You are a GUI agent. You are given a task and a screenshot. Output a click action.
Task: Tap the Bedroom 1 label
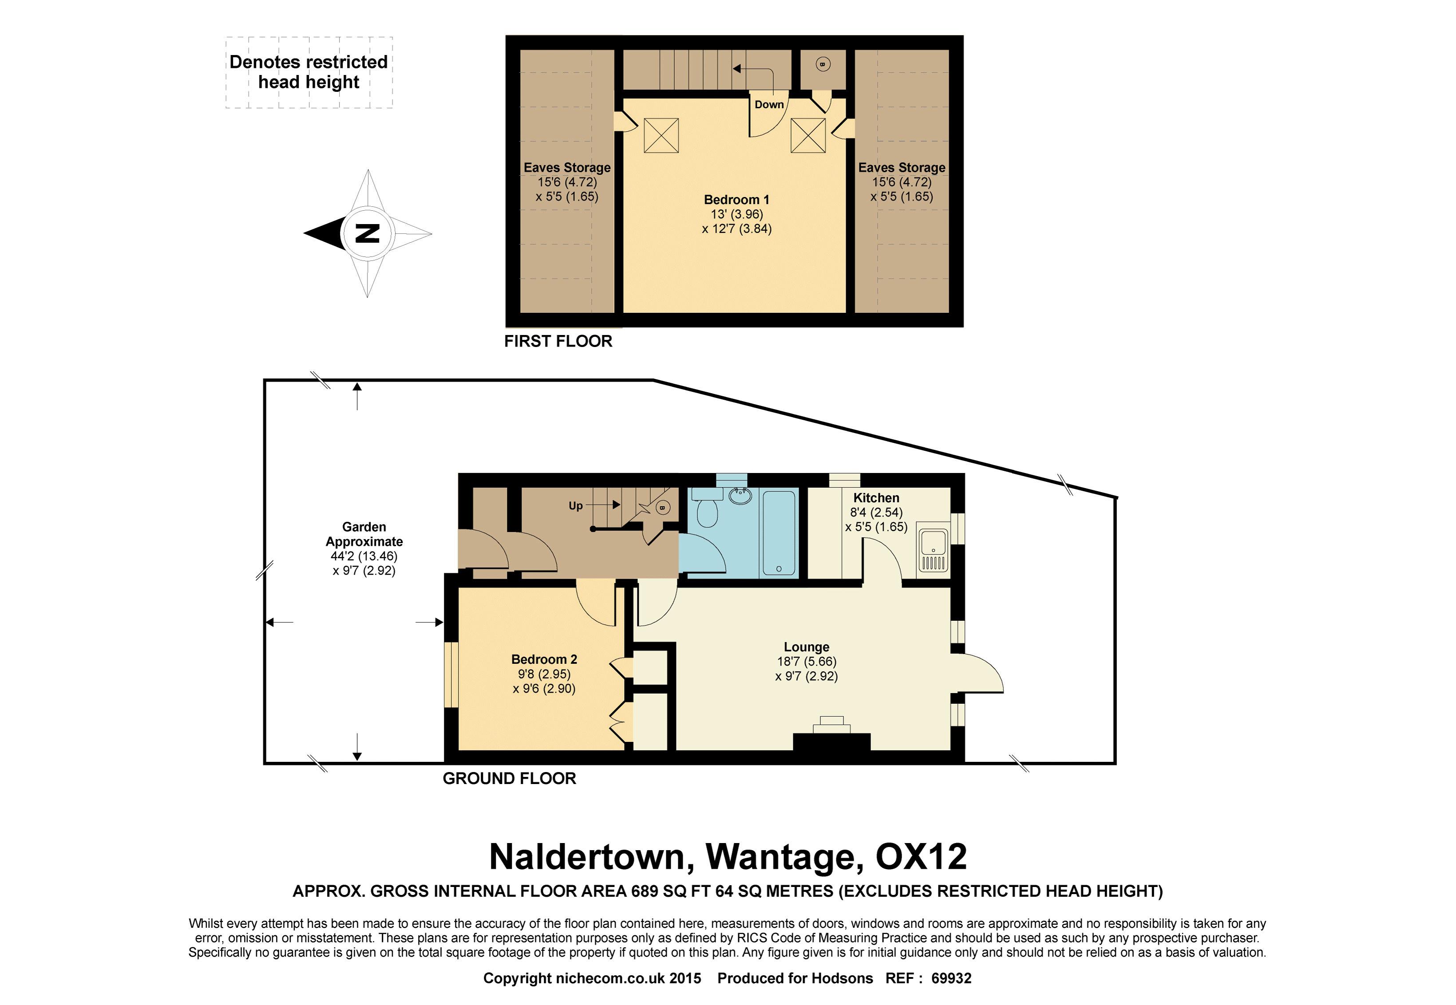[736, 200]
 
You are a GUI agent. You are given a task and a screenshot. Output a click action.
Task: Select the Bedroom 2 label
[544, 659]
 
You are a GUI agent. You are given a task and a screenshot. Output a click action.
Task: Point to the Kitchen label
[876, 497]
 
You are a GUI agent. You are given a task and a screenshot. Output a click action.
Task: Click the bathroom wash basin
[739, 496]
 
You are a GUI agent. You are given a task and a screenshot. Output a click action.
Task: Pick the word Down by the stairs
[769, 105]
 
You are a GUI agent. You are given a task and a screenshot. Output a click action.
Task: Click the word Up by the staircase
[575, 506]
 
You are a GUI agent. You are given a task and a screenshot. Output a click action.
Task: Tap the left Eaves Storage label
[566, 168]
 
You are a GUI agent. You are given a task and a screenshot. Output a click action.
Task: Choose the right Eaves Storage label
[901, 168]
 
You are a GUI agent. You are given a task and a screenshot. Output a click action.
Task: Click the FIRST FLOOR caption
[558, 341]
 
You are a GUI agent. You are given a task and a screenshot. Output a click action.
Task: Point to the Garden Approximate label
[364, 534]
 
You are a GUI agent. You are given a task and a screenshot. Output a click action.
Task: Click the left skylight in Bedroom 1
[661, 135]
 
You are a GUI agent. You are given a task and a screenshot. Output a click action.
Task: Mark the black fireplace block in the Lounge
[831, 742]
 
